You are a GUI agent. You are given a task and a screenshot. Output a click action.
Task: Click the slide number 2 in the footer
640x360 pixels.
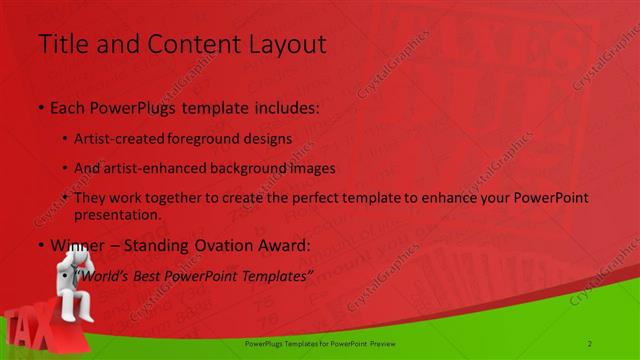pos(590,343)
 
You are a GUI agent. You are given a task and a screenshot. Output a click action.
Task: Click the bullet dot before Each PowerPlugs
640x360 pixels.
pos(40,108)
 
